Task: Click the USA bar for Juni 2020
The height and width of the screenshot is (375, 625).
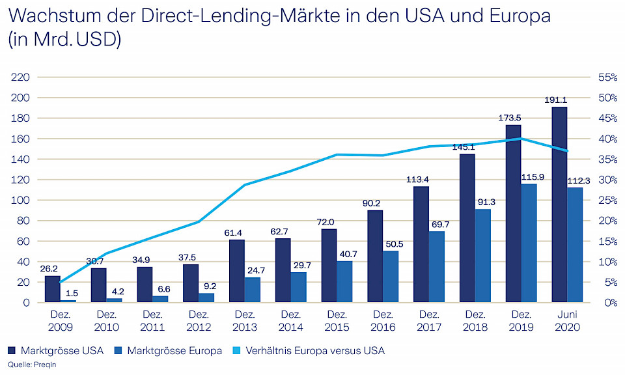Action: [559, 204]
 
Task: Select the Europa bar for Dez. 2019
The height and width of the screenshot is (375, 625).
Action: [529, 243]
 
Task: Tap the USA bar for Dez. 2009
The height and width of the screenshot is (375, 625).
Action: [52, 289]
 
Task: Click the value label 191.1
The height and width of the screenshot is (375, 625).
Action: [559, 100]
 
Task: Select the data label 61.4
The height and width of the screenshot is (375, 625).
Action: [236, 233]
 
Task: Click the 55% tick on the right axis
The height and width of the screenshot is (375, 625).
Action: [607, 77]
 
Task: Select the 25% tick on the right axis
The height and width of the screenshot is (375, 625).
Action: [607, 200]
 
